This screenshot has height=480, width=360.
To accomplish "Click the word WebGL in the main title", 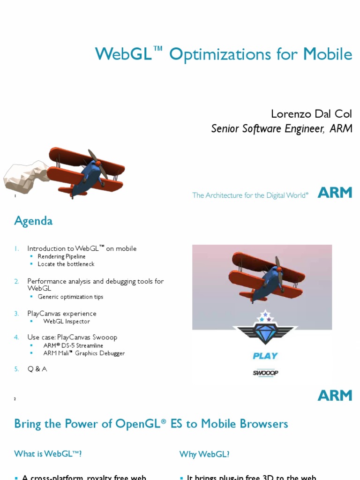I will [123, 54].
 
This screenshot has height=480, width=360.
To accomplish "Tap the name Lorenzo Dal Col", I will [311, 114].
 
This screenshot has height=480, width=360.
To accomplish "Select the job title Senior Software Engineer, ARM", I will [281, 128].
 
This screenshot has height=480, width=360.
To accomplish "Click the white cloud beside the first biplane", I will [26, 176].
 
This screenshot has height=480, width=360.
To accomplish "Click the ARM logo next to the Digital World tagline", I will [335, 193].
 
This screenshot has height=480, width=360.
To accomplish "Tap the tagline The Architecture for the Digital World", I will [250, 195].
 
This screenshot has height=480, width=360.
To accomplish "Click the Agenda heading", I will [33, 221].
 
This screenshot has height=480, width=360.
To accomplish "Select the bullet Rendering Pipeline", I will [61, 256].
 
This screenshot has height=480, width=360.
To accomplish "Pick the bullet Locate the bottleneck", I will [66, 264].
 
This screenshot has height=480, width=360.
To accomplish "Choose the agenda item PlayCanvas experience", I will [62, 314].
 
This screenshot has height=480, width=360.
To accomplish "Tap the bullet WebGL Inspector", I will [66, 322].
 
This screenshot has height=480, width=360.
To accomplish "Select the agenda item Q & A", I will [37, 369].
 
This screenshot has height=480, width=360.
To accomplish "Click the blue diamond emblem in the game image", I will [265, 332].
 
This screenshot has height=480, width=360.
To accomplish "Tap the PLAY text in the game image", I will [265, 356].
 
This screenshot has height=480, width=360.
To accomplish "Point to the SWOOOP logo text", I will [265, 373].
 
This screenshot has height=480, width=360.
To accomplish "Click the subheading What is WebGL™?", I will [51, 454].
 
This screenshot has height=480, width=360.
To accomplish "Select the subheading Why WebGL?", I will [204, 454].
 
